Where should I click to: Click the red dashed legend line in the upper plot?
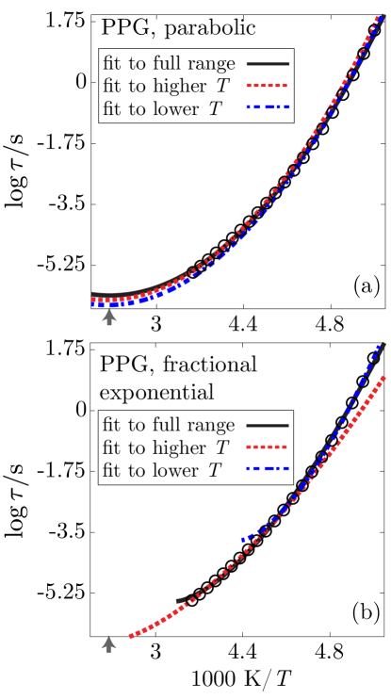point(268,86)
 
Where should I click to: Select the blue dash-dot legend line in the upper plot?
point(268,107)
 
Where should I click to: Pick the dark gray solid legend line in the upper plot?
point(268,64)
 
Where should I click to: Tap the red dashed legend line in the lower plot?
point(268,447)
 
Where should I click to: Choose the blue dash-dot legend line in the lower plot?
point(268,468)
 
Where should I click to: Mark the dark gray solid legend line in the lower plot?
point(268,426)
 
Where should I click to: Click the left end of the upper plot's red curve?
point(92,300)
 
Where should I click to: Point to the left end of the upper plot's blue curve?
point(92,304)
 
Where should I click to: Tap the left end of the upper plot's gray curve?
point(92,295)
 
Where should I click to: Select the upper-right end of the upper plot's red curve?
point(380,17)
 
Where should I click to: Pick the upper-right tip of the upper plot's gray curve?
point(383,15)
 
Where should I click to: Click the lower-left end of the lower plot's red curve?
point(130,638)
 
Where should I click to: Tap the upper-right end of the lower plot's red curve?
point(383,377)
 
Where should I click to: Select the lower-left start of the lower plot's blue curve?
point(242,540)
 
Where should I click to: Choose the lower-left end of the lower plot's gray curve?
point(177,600)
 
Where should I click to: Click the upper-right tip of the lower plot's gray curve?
point(384,344)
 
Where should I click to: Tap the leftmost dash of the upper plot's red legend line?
point(249,86)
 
